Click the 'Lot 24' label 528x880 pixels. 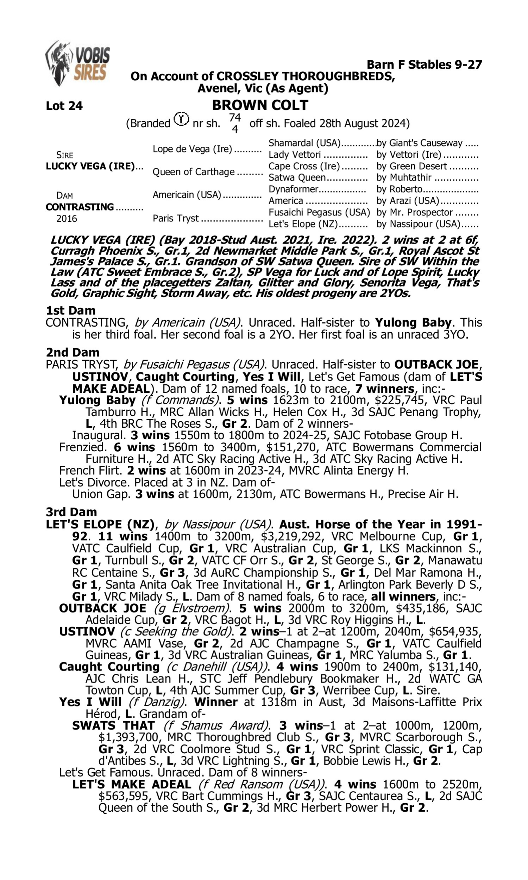tap(64, 106)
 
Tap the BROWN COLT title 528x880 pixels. tap(260, 105)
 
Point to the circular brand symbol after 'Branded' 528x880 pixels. tap(181, 119)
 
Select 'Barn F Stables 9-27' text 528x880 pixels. tap(424, 65)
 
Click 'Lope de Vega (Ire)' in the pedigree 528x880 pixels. tap(193, 149)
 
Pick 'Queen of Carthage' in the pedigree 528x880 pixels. tap(194, 172)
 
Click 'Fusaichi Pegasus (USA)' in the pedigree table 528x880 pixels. tap(319, 212)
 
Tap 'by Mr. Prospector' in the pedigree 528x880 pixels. tap(415, 212)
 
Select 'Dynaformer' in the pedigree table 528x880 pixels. tap(293, 189)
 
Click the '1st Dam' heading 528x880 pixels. tap(70, 310)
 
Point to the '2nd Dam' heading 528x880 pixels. tap(73, 352)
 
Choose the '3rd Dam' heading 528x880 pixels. tap(71, 512)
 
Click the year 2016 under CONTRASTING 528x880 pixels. tap(67, 218)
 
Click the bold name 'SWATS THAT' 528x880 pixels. tap(113, 725)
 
